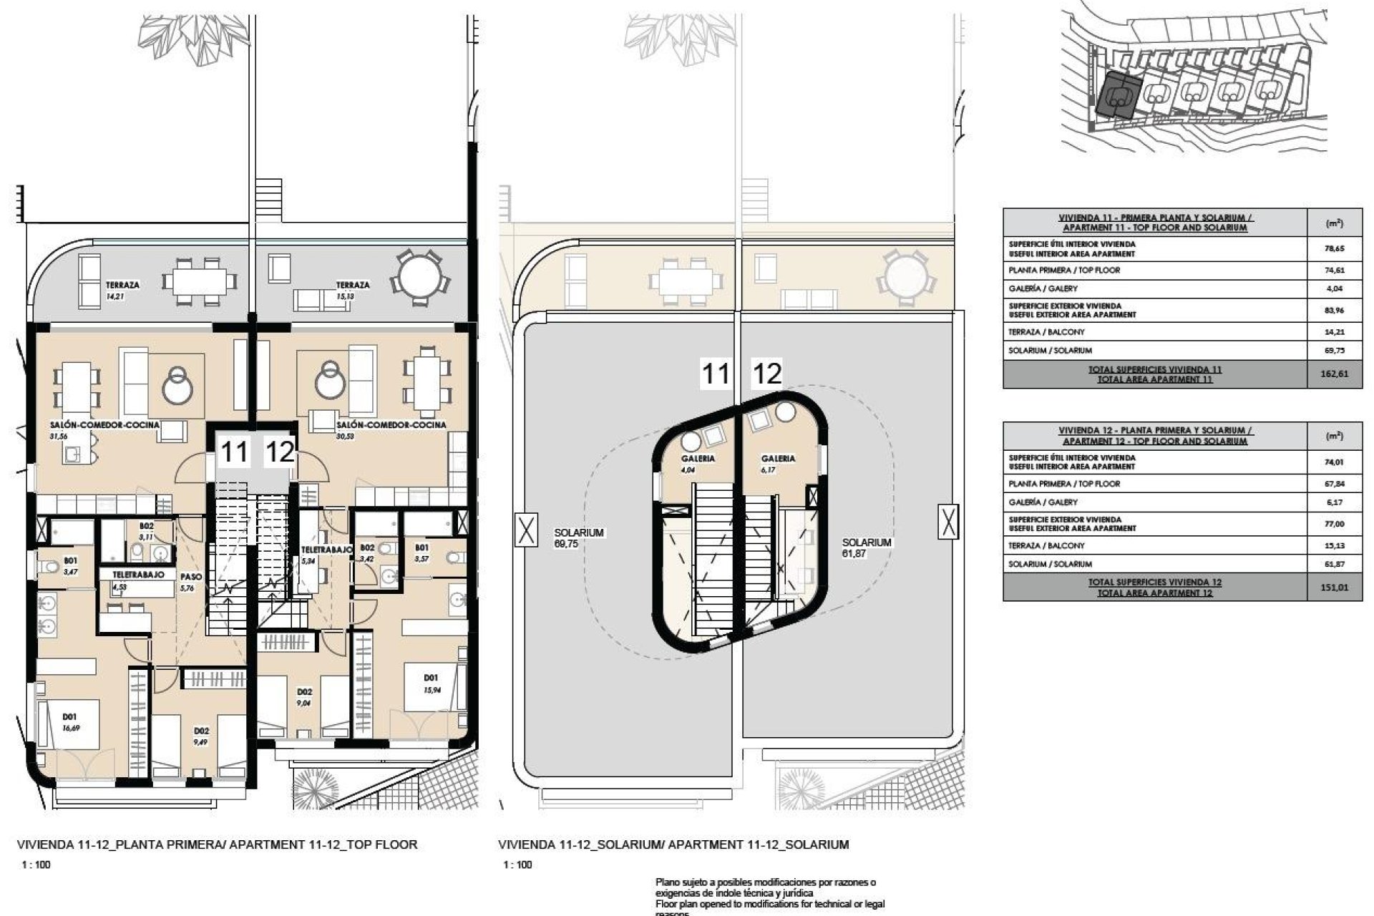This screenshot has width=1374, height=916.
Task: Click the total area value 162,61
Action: [1335, 374]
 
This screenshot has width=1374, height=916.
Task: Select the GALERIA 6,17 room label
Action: [778, 464]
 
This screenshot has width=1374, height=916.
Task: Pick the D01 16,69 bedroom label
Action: [69, 722]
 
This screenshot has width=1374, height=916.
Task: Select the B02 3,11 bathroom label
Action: [146, 531]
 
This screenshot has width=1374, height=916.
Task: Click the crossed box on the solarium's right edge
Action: [948, 521]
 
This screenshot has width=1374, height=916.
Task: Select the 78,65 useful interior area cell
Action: [1335, 248]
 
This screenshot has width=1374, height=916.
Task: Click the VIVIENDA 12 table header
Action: [1155, 436]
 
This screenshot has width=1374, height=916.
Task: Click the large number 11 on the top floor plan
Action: [235, 452]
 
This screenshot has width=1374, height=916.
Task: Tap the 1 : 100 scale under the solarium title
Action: [517, 864]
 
